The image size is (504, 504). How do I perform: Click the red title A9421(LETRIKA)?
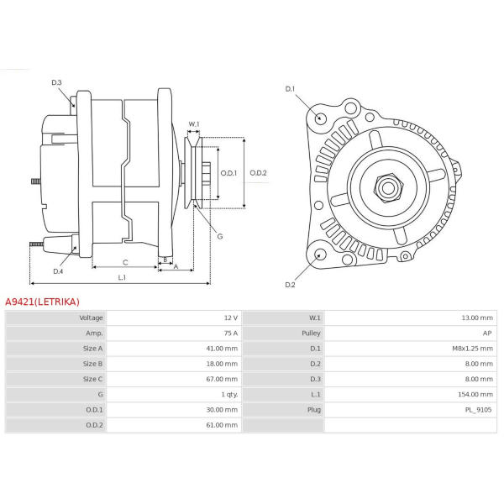tap(43, 301)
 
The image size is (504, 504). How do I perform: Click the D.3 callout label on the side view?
tap(56, 82)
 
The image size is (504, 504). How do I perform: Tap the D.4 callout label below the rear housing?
tap(58, 271)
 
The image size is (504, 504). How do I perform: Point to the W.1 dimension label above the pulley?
tap(194, 124)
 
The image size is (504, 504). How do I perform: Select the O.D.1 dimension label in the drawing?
tap(228, 173)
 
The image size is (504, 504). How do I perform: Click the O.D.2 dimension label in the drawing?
tap(258, 173)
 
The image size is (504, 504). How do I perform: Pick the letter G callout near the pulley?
tap(219, 236)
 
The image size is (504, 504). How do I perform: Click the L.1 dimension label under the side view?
tap(122, 277)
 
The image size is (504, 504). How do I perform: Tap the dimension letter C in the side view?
tap(125, 262)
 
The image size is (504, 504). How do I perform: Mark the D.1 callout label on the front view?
tap(291, 89)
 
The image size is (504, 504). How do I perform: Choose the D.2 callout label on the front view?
tap(291, 285)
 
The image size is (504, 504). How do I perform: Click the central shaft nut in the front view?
tap(387, 186)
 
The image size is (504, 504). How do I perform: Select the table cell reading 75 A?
tap(229, 333)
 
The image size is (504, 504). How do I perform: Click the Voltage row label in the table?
tap(91, 318)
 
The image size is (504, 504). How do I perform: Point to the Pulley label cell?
tap(311, 333)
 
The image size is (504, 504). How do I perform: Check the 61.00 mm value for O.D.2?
tap(222, 425)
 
